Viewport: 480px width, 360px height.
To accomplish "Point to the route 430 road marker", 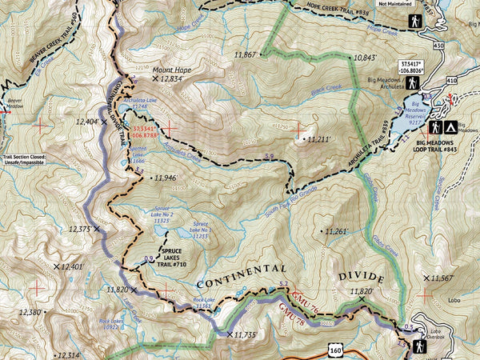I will click(x=438, y=46).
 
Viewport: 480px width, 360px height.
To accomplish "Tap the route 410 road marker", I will click(x=452, y=81).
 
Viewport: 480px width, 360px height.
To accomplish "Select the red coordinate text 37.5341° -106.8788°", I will click(x=146, y=131).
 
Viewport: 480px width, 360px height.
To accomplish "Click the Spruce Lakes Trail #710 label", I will click(x=168, y=257).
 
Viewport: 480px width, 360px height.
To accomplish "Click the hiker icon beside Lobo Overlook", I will click(x=418, y=346).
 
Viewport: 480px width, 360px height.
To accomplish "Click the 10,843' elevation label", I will click(x=364, y=58).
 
